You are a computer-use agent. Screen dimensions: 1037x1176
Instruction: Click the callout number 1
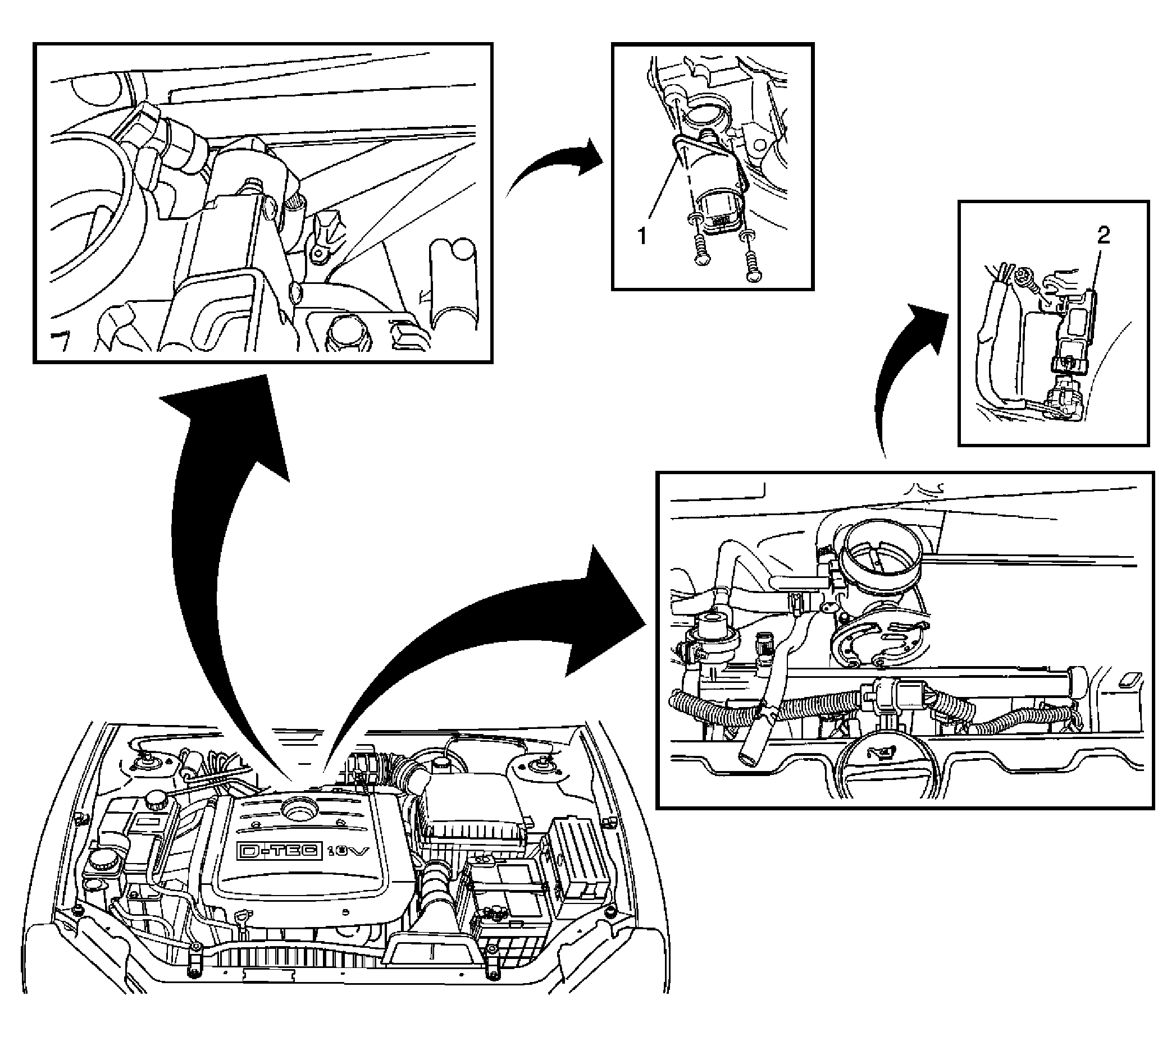coord(642,235)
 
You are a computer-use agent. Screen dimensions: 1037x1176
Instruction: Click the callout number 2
coord(1103,236)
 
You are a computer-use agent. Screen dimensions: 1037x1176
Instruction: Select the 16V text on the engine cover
coord(348,851)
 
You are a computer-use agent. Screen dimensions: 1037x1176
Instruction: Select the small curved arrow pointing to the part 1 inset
coord(552,167)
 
